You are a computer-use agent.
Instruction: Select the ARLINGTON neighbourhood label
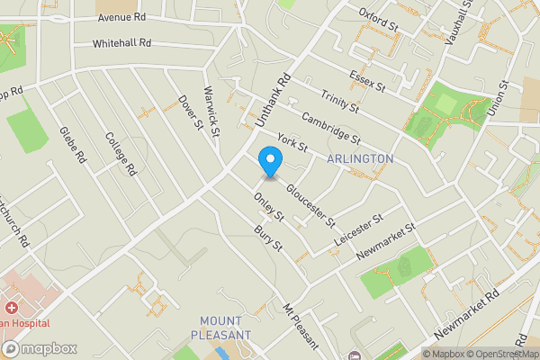[x=360, y=158]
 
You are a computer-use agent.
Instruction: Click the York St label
[x=293, y=141]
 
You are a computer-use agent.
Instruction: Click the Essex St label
[x=368, y=83]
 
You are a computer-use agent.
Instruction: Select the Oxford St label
[x=378, y=20]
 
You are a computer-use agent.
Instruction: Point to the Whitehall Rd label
[x=121, y=43]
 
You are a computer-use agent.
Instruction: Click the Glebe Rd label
[x=72, y=144]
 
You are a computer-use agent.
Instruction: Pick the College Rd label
[x=120, y=153]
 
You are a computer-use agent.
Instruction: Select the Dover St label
[x=187, y=112]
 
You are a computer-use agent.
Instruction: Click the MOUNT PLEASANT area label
[x=220, y=328]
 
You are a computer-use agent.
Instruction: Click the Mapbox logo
[x=40, y=348]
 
